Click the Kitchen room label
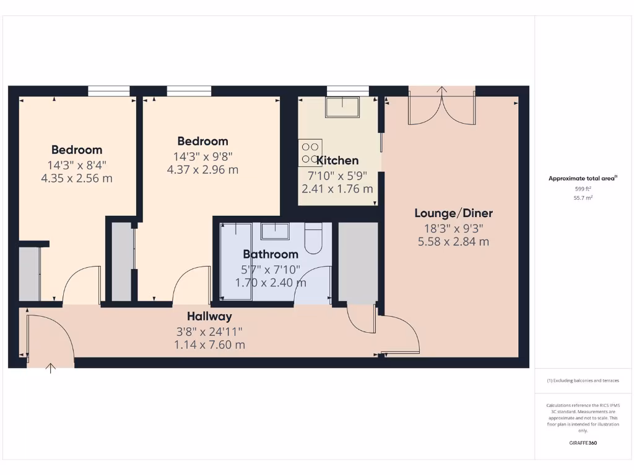337,161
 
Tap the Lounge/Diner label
453,213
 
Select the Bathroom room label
271,254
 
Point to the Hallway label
210,317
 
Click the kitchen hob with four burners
310,152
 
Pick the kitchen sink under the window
343,107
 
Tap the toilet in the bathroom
314,238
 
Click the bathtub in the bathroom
236,262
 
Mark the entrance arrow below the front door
51,369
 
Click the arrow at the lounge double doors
441,90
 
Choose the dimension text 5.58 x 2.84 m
453,242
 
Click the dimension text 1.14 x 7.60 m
210,345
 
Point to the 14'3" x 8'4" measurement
77,165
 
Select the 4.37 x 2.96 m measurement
202,169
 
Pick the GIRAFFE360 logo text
583,443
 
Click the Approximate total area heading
582,178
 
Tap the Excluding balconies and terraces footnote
583,380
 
